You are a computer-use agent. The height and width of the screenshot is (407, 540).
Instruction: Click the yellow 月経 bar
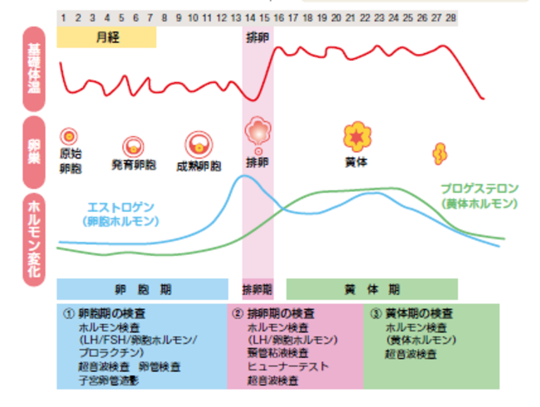pyautogui.click(x=106, y=37)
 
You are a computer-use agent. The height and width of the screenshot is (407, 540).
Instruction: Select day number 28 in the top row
pyautogui.click(x=450, y=17)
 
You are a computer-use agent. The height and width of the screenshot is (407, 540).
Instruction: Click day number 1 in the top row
pyautogui.click(x=63, y=17)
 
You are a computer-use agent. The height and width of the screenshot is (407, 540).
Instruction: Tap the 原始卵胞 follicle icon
pyautogui.click(x=70, y=135)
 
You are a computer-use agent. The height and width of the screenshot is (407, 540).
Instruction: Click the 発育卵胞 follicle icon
pyautogui.click(x=132, y=146)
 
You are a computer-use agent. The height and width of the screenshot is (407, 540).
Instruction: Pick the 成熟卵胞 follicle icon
pyautogui.click(x=199, y=145)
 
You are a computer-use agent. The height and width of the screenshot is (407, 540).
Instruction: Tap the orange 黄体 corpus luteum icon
pyautogui.click(x=356, y=136)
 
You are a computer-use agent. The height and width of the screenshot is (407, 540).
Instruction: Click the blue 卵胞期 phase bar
pyautogui.click(x=142, y=289)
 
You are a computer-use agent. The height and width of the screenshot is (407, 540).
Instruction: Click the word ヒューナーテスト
pyautogui.click(x=282, y=365)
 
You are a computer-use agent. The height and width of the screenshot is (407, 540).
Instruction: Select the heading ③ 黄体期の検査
pyautogui.click(x=412, y=313)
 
